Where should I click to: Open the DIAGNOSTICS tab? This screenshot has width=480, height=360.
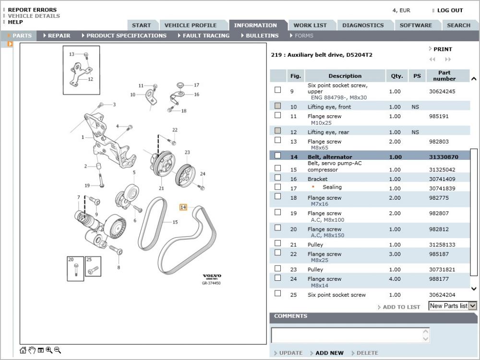pos(363,25)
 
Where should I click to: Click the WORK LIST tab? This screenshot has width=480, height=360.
pos(310,25)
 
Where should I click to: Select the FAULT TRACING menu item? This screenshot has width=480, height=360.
pos(206,36)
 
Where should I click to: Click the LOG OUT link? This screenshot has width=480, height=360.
pos(450,11)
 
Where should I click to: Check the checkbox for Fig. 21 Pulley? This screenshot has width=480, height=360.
pos(277,243)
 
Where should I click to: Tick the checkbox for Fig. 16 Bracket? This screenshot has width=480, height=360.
pos(277,178)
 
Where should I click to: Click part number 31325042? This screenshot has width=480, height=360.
pos(442,169)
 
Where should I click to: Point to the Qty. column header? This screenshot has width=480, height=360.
pos(397,76)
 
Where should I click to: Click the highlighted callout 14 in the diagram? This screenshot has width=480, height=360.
pos(183,207)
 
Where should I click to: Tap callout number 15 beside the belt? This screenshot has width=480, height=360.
pos(175,222)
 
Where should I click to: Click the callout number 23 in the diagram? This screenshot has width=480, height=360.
pos(187,152)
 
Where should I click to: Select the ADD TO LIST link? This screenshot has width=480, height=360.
pos(401,307)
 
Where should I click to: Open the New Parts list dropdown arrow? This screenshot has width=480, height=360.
pos(473,306)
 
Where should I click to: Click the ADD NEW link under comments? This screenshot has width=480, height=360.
pos(329,353)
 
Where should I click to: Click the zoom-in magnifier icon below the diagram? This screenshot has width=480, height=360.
pos(49,350)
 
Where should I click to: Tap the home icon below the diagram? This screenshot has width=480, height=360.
pos(23,350)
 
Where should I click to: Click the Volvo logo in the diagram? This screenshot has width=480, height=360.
pos(212,276)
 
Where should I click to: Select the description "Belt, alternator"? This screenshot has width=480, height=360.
pos(330,157)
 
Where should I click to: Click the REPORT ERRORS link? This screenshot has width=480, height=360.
pos(32,10)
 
